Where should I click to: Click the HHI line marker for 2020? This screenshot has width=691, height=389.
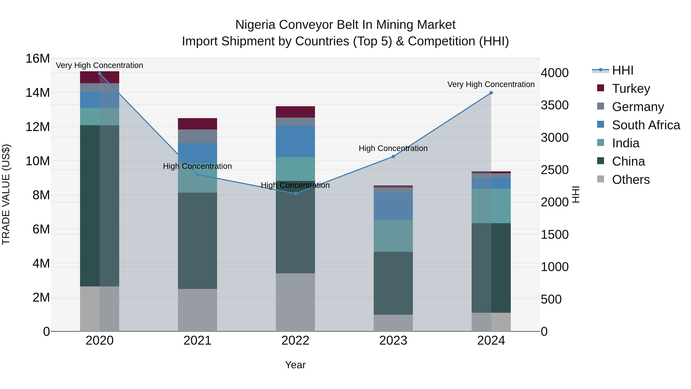pos(99,74)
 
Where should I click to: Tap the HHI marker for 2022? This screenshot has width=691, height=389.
pos(295,194)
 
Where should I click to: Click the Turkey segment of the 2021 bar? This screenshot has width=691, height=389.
pos(198,124)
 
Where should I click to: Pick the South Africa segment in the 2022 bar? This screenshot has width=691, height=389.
pos(295,141)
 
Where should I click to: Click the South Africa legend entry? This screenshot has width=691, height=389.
pos(646,125)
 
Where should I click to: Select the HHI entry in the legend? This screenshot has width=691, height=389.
pos(622,70)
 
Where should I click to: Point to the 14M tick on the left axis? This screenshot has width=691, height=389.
pos(38,93)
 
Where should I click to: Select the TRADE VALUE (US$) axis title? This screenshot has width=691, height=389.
pos(6,194)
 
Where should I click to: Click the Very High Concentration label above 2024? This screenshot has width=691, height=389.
pos(491,84)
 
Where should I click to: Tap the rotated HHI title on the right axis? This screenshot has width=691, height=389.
pos(576,194)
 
